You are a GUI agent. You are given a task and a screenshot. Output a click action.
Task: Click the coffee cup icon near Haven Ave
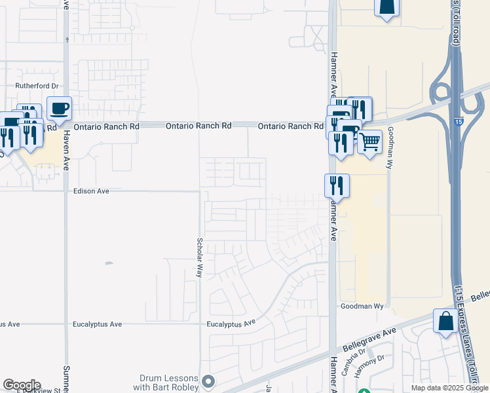(x=59, y=108)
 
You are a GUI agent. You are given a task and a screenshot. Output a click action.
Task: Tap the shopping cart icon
(x=369, y=141)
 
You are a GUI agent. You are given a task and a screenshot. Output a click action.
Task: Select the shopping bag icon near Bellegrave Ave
(x=445, y=322)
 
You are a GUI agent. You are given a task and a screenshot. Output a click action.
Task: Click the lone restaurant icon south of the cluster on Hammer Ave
(x=337, y=186)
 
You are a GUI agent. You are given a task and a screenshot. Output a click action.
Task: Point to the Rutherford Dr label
(x=37, y=86)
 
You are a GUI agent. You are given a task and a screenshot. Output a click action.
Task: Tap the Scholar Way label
(x=200, y=257)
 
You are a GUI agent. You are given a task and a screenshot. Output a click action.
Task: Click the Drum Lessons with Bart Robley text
(x=169, y=383)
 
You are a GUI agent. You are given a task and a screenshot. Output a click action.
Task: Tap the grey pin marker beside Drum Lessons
(x=209, y=381)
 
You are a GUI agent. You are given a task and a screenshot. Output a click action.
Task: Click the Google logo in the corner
(x=22, y=385)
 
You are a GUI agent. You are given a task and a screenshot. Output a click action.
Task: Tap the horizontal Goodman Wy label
(x=361, y=306)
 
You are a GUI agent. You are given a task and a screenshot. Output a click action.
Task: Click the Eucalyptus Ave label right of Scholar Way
(x=231, y=324)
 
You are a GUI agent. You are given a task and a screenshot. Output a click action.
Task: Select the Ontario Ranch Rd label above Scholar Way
(x=198, y=126)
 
